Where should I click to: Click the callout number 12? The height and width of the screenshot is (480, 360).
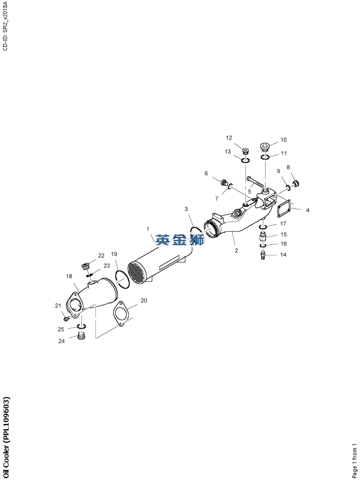(229, 138)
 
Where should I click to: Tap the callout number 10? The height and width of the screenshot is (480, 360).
(283, 140)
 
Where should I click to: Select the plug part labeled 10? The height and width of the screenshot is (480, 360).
(265, 147)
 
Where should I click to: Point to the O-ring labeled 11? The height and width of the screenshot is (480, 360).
(265, 157)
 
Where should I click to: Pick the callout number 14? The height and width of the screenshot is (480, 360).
(283, 255)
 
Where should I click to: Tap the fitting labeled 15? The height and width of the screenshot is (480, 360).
(264, 236)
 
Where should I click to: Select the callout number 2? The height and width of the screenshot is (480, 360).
(236, 250)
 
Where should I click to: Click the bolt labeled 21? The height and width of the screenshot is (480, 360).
(66, 318)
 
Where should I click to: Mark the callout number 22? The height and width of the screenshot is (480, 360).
(101, 255)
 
